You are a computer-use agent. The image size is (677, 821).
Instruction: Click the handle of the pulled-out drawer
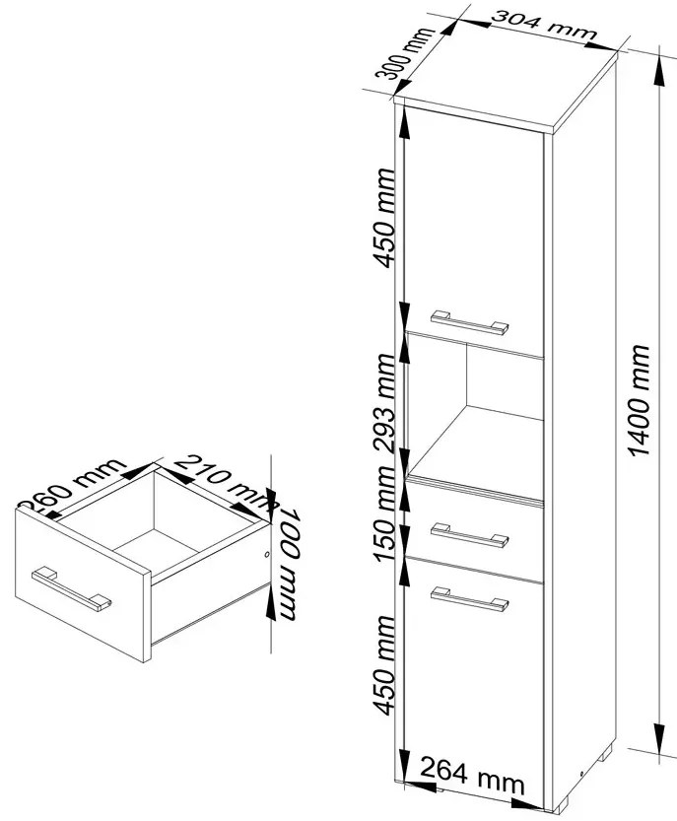(x=71, y=587)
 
